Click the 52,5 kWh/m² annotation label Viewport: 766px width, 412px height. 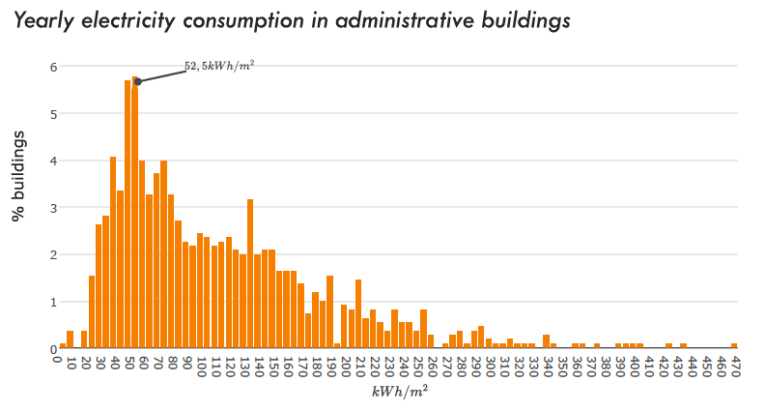219,66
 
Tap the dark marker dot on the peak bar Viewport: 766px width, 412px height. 137,81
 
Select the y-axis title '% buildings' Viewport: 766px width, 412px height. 19,175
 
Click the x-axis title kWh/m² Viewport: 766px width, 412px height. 398,391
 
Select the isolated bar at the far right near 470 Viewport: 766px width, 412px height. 734,345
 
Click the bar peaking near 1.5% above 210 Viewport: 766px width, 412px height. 358,314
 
